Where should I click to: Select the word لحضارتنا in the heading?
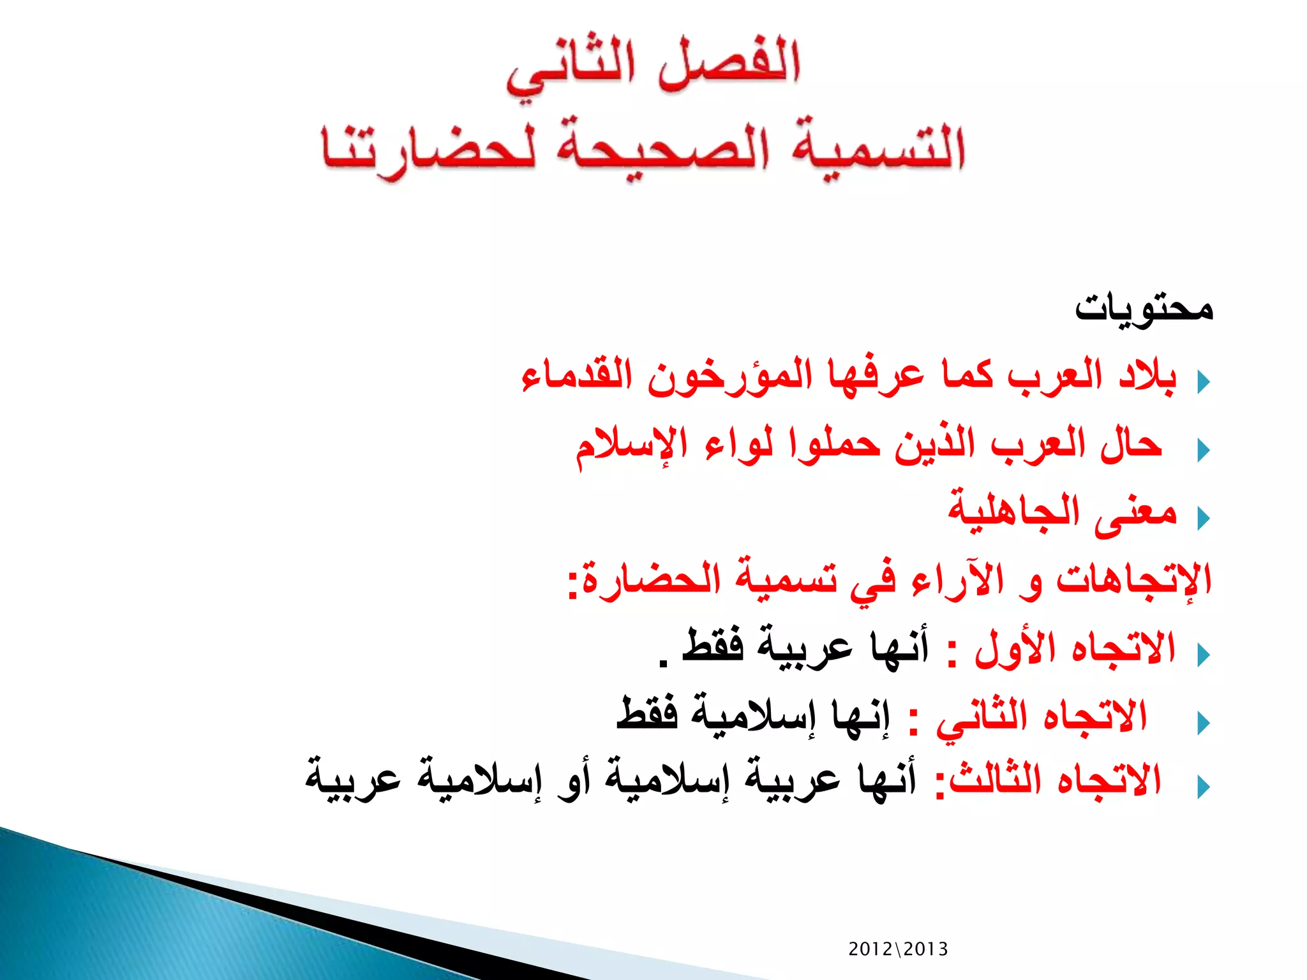coord(428,150)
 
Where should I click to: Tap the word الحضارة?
coord(651,581)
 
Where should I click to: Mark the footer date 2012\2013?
coord(898,949)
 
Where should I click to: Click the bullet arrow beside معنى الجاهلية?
coord(1204,518)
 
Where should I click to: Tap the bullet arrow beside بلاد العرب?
coord(1204,382)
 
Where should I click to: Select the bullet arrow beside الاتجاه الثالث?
coord(1204,787)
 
